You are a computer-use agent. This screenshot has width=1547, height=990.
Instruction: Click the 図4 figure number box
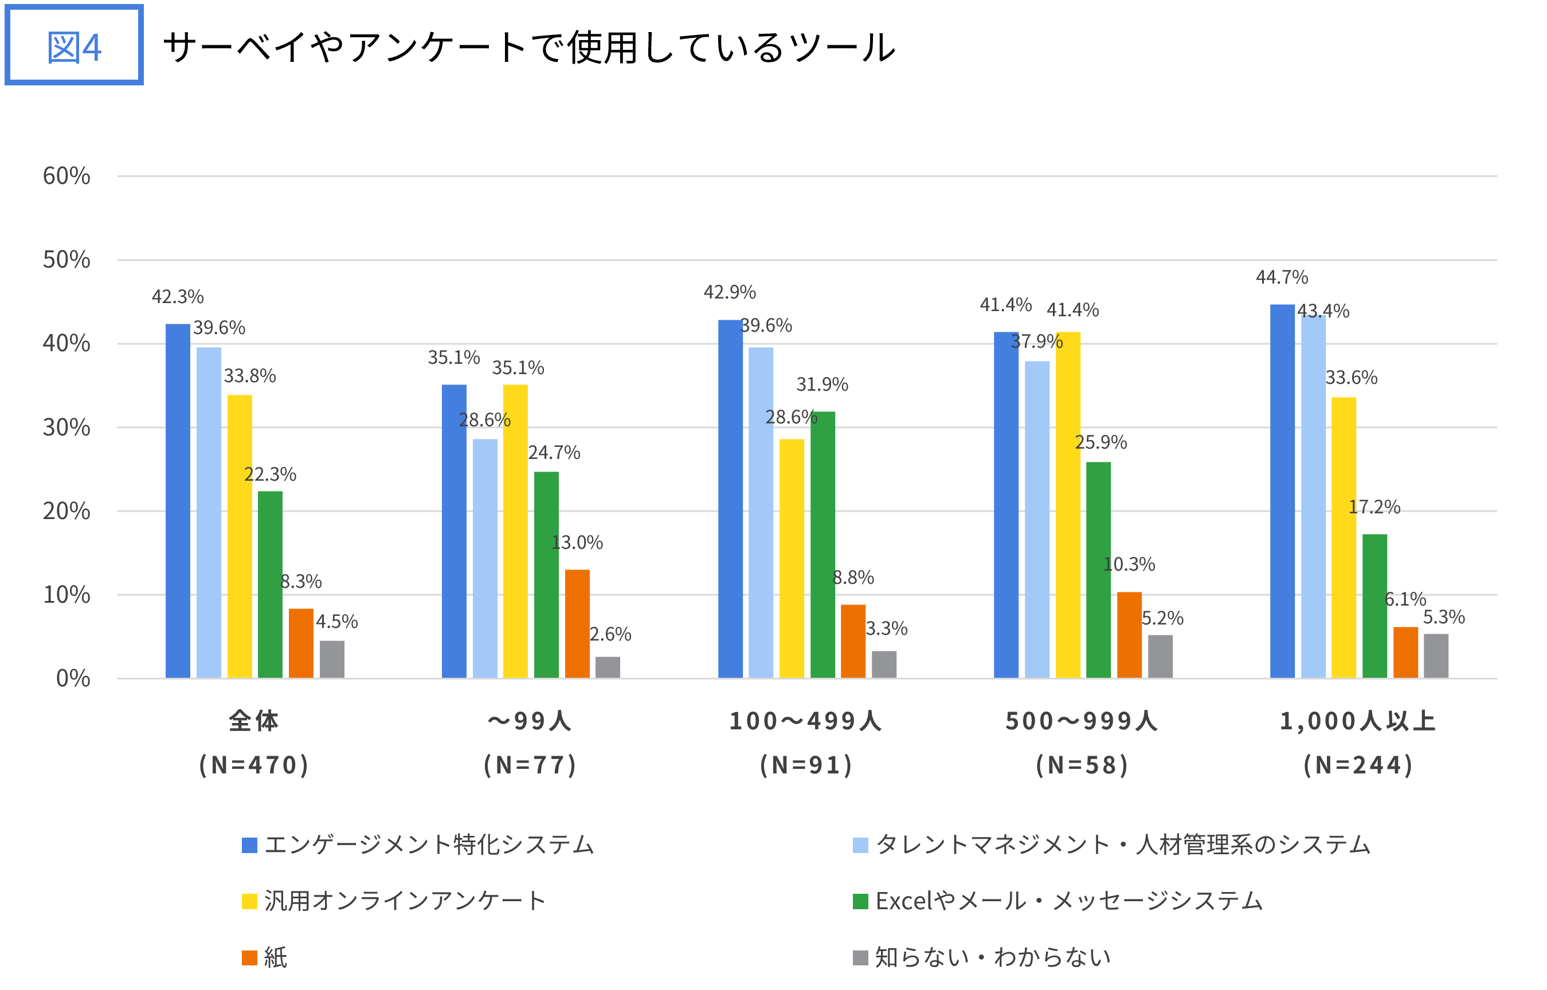74,46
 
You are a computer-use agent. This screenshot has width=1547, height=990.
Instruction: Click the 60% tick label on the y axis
66,175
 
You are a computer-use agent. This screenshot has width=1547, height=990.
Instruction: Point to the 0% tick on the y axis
73,678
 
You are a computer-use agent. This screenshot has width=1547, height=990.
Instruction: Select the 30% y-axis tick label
66,427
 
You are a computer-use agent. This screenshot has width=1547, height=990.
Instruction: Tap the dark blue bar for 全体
178,501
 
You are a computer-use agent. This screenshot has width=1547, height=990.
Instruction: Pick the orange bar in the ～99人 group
577,623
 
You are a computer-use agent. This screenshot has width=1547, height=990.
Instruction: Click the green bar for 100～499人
823,545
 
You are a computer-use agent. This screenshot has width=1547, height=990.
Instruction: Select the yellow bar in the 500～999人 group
1067,505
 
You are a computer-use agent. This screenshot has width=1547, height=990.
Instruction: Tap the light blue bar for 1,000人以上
1313,496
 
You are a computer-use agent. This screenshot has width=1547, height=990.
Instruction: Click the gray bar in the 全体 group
332,659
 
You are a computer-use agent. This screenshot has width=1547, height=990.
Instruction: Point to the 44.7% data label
1282,277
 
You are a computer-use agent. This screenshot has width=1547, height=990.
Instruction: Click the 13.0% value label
577,543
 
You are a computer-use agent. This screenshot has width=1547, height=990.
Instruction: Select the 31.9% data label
822,384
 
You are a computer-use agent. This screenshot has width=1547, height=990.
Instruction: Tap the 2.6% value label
610,634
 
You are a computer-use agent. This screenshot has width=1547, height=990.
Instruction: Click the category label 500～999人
1082,721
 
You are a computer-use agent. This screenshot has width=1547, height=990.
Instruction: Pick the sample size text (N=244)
1358,765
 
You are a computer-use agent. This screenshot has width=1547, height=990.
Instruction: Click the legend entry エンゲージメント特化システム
429,844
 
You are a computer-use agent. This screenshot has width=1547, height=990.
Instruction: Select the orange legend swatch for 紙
249,958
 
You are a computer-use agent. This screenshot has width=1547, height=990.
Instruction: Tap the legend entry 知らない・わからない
993,958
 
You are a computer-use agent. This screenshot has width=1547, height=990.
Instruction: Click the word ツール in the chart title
843,47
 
